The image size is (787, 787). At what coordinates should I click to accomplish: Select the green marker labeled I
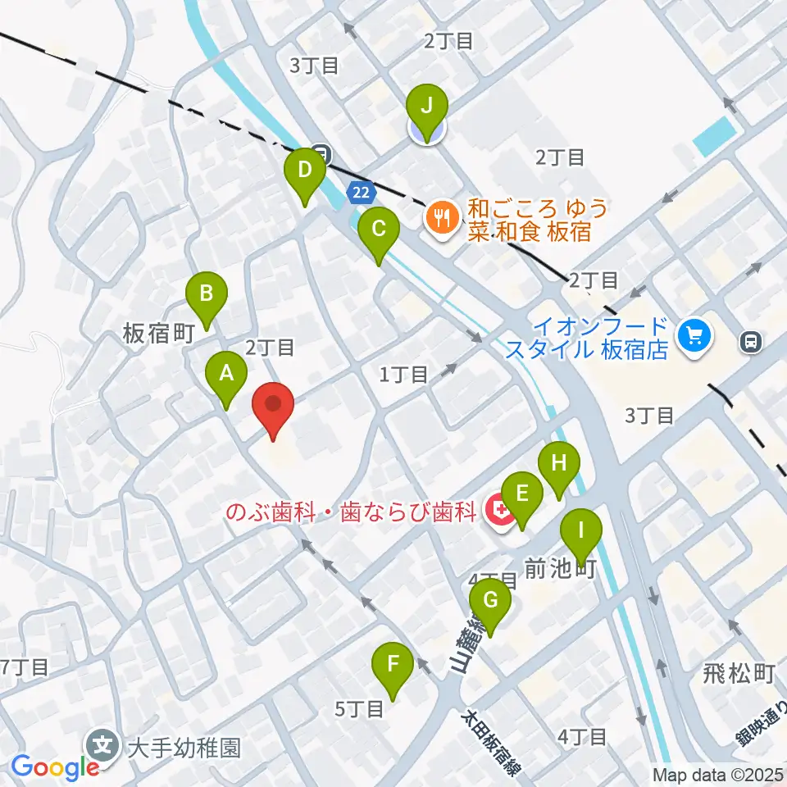click(x=581, y=534)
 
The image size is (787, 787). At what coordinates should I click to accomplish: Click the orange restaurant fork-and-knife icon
click(x=443, y=216)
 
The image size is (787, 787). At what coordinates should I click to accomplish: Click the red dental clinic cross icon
click(x=497, y=512)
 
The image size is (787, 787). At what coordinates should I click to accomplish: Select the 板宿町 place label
click(x=157, y=333)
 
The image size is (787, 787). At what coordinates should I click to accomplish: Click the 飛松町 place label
click(x=739, y=675)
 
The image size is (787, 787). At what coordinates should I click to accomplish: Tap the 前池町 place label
click(x=560, y=566)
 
